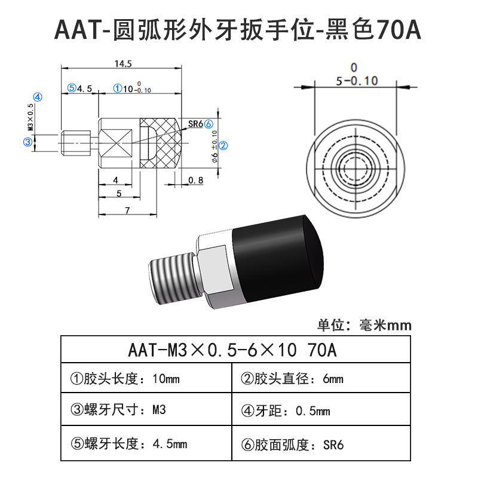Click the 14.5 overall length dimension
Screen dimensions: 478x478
(x=119, y=62)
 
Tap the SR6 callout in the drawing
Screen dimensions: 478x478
(x=195, y=124)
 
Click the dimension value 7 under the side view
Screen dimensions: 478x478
(x=127, y=210)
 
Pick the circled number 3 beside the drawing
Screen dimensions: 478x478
(x=27, y=142)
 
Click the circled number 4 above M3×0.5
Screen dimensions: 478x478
(x=36, y=97)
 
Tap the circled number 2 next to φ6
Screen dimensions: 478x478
(x=222, y=145)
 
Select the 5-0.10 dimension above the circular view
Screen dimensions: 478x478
(x=356, y=80)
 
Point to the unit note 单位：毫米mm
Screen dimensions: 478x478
(x=364, y=325)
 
